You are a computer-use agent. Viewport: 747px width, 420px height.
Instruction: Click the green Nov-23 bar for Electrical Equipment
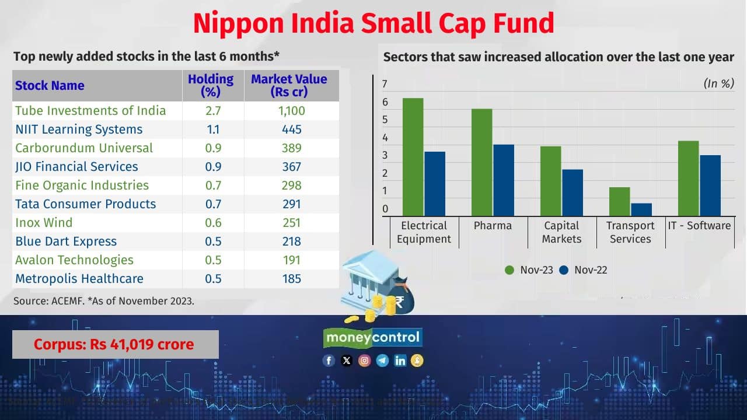point(413,157)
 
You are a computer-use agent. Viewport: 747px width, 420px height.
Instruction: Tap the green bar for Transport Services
point(619,201)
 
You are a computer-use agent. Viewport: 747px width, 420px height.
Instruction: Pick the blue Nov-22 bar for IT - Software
point(710,185)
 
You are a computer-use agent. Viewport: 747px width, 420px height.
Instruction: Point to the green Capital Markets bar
point(550,181)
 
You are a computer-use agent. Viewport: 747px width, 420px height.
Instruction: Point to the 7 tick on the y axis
point(385,84)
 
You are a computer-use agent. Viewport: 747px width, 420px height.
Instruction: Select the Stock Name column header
point(50,86)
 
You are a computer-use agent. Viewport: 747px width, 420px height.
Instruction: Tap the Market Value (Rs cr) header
point(289,86)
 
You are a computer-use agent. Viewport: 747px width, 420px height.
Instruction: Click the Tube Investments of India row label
point(90,111)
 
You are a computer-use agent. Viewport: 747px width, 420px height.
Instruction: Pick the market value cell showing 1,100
point(291,111)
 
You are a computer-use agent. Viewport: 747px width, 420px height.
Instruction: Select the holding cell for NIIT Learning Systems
point(213,129)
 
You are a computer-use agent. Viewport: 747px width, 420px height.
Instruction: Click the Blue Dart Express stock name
point(66,242)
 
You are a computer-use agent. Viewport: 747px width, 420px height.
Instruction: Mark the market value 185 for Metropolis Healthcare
point(291,279)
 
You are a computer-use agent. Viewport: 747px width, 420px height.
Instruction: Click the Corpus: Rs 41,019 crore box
point(115,344)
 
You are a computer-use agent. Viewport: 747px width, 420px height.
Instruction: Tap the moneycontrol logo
point(372,337)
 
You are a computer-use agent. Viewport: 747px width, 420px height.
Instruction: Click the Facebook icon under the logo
point(329,360)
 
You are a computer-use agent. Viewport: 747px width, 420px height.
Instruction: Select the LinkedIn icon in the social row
point(400,360)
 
